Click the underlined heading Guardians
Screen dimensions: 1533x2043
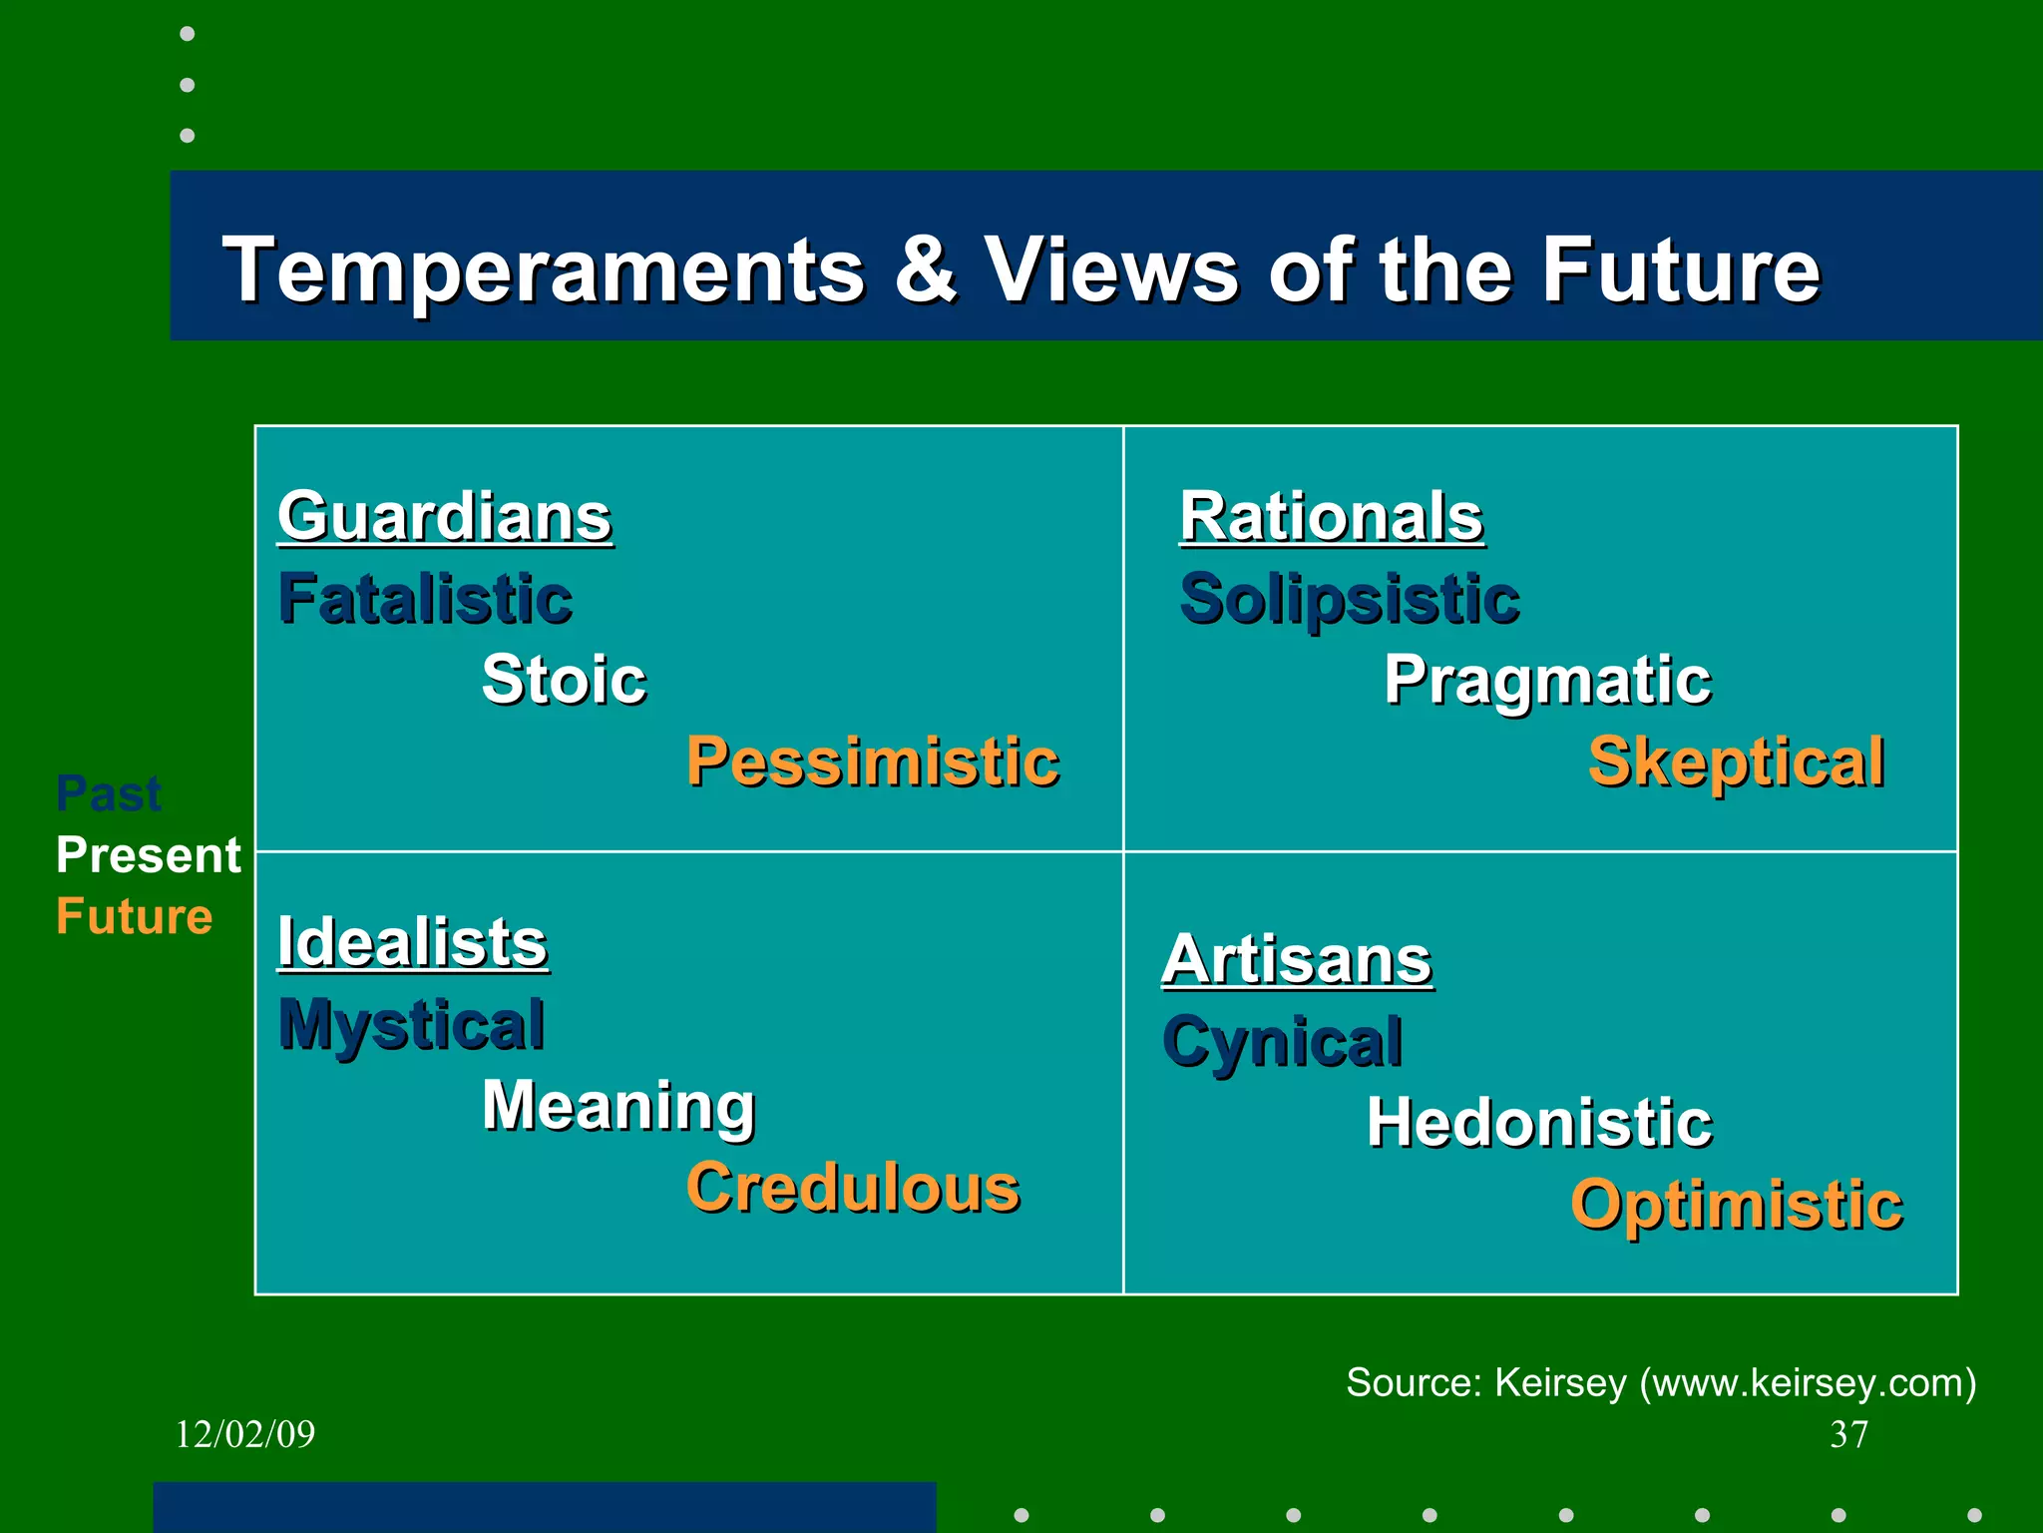point(444,517)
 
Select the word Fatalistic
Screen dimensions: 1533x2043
point(425,599)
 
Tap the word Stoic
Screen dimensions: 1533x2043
point(564,680)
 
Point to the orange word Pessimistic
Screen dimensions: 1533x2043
point(872,762)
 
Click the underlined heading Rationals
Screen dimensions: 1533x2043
point(1331,517)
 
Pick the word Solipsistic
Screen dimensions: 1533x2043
point(1349,599)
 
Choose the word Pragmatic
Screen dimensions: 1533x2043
point(1547,681)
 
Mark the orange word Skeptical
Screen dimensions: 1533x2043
point(1736,762)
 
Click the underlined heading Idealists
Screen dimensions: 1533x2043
point(412,942)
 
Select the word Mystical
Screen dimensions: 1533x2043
point(411,1024)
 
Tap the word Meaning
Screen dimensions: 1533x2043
point(618,1106)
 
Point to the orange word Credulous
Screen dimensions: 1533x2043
point(853,1188)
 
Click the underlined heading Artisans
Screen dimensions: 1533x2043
point(1296,959)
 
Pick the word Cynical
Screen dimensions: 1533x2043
point(1282,1042)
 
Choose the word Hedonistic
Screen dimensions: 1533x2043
point(1539,1123)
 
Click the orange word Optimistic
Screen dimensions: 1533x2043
point(1736,1204)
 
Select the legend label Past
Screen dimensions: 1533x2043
point(108,794)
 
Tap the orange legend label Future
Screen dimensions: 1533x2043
point(134,916)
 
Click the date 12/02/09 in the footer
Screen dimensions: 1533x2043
point(244,1434)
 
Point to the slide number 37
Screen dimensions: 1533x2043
point(1848,1434)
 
